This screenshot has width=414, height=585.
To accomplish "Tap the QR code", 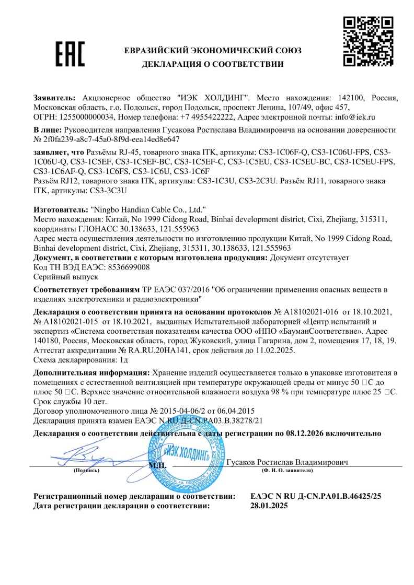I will [x=367, y=42].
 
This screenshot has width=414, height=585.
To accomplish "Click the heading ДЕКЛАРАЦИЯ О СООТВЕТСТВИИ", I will [x=213, y=64].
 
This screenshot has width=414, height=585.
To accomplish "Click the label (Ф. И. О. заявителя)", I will [x=286, y=471].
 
